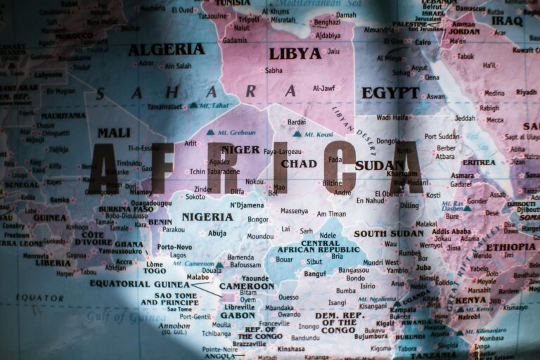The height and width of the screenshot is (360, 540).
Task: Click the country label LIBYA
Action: pos(295,53)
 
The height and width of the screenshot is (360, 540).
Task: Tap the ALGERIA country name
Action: pos(166,49)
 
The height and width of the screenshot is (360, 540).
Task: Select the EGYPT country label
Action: pos(390,93)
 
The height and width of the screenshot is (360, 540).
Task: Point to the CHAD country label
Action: pos(299,164)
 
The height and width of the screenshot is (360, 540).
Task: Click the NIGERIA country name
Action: pos(207,217)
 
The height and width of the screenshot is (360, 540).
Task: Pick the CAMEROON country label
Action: pos(246,286)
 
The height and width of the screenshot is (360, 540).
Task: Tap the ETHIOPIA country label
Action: pos(510,247)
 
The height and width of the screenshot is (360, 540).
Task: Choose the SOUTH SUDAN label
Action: pos(389,233)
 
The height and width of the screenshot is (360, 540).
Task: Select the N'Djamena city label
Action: pos(247,205)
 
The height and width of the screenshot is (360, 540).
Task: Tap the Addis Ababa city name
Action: pos(451,231)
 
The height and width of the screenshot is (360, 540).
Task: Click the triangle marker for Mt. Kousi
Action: pos(297,134)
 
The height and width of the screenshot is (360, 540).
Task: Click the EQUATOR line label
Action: pos(40,297)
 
